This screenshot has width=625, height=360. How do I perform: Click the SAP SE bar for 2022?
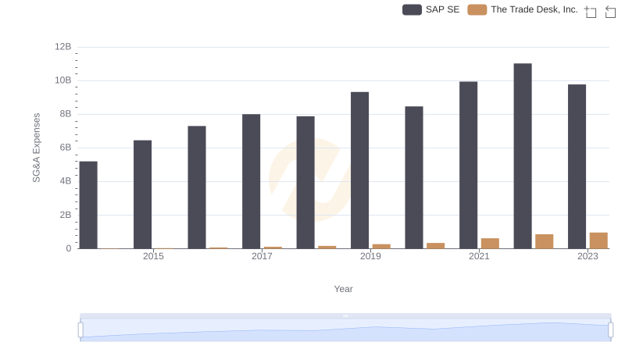(x=523, y=156)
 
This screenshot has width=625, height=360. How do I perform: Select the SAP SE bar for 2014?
(x=88, y=205)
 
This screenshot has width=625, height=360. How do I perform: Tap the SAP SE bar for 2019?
(x=359, y=170)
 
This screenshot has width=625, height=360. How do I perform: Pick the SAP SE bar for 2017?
(x=251, y=181)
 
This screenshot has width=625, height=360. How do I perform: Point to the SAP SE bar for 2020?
(x=414, y=177)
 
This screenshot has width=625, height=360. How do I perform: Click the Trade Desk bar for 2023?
(x=598, y=241)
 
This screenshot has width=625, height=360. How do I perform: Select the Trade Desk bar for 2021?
(x=490, y=243)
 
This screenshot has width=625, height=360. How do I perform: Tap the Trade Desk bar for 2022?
(x=545, y=241)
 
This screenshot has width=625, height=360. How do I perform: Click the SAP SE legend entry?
(x=431, y=9)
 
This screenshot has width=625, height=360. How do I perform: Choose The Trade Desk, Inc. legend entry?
(x=523, y=9)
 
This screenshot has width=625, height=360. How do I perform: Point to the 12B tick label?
(x=63, y=47)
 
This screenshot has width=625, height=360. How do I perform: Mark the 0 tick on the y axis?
(x=69, y=248)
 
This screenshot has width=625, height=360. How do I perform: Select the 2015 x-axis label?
(x=153, y=256)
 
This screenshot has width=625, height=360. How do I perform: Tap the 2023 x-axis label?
(x=587, y=256)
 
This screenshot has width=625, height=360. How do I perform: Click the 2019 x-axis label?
(x=370, y=256)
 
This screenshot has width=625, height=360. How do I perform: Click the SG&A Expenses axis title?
(x=36, y=148)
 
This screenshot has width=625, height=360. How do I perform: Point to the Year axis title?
(x=344, y=289)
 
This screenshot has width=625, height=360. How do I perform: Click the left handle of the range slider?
(x=80, y=330)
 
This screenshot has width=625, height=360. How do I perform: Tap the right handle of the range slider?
(x=611, y=330)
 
